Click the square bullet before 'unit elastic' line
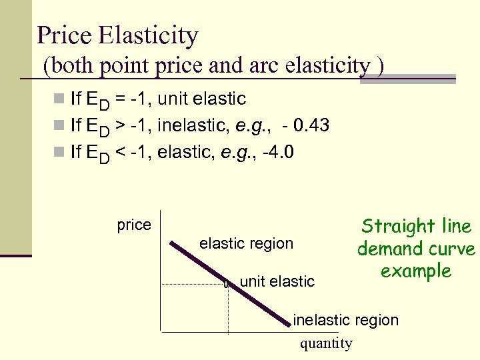[x=59, y=100]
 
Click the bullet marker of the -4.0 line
[x=59, y=153]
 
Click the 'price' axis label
[x=134, y=225]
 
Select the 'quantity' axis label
[x=326, y=343]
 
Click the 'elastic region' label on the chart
[x=246, y=243]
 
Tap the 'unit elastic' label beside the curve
[x=277, y=281]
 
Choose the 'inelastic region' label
[x=345, y=320]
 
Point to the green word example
[x=416, y=271]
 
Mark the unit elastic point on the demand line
[x=228, y=284]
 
